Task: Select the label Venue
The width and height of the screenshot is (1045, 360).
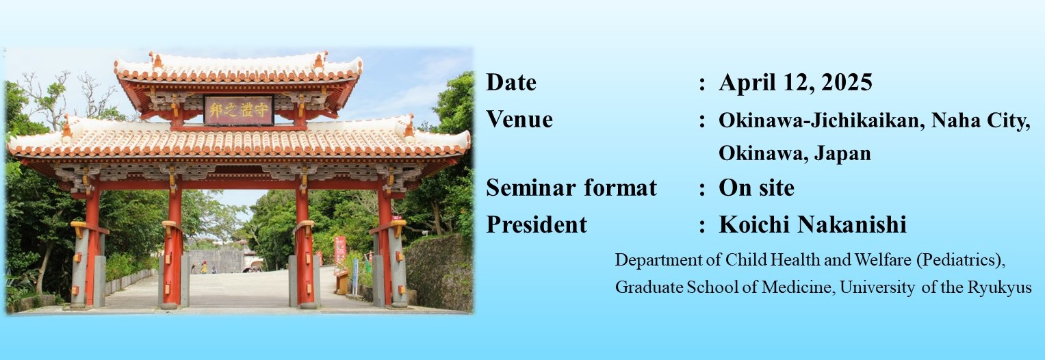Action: click(x=519, y=119)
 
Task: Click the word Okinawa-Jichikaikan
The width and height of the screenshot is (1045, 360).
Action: click(x=821, y=120)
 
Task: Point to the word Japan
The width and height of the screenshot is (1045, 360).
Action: click(x=842, y=153)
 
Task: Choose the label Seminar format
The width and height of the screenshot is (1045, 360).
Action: click(x=571, y=188)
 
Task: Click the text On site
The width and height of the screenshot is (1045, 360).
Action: click(x=757, y=188)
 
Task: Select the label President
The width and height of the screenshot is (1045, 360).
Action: click(x=537, y=224)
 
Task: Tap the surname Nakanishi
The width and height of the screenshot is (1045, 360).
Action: click(x=852, y=224)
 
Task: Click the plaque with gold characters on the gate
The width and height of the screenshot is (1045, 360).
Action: click(x=238, y=110)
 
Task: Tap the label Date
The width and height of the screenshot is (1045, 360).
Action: click(x=511, y=83)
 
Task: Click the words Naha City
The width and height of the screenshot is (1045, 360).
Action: click(x=981, y=121)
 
